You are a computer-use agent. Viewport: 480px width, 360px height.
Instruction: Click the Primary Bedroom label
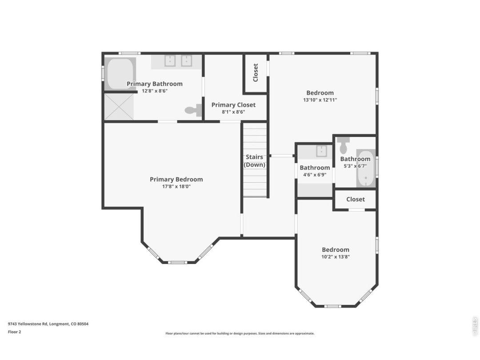176,180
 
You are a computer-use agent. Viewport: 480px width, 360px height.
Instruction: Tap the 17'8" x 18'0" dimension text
176,186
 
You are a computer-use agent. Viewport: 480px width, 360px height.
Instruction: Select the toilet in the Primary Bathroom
193,110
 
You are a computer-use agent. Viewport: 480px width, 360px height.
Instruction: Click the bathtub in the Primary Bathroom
120,74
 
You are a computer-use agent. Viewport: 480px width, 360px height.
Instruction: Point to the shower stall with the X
119,107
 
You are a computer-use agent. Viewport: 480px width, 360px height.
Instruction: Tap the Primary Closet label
233,105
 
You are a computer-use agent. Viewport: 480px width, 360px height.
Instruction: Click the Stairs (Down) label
254,161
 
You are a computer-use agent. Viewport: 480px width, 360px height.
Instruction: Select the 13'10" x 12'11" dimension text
320,100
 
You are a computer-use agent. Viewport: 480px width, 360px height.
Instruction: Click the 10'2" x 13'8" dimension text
335,257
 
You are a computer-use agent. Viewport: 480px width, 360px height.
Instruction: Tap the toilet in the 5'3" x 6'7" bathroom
344,145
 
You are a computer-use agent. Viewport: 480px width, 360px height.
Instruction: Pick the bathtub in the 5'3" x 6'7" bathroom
366,168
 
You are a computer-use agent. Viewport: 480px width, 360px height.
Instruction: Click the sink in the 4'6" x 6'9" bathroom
322,151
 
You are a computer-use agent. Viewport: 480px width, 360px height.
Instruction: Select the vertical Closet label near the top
256,72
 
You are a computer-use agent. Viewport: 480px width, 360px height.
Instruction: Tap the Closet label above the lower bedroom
356,199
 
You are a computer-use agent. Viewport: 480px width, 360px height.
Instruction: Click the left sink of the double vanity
170,60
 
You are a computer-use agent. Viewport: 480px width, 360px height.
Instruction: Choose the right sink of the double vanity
186,60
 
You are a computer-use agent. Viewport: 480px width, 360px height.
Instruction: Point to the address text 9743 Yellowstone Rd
28,324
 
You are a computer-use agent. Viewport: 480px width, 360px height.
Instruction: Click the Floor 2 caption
14,332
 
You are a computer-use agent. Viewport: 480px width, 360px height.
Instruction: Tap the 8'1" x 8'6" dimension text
233,112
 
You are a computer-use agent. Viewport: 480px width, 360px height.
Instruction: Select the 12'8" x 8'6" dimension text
155,91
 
